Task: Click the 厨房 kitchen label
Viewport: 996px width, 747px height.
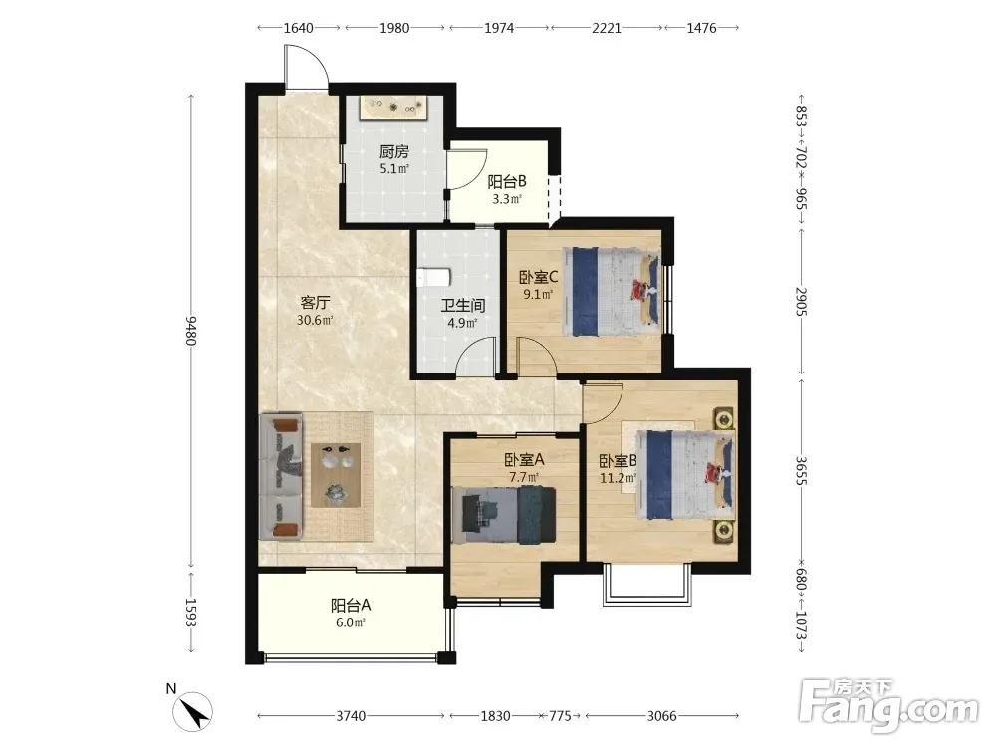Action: pyautogui.click(x=393, y=151)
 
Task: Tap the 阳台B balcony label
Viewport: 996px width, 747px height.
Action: pyautogui.click(x=507, y=182)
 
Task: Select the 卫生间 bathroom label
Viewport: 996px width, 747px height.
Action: pyautogui.click(x=463, y=306)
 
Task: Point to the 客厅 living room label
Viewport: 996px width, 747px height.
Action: pyautogui.click(x=315, y=303)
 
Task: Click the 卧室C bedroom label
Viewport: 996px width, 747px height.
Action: pyautogui.click(x=538, y=278)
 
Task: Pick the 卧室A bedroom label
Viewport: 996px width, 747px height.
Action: pyautogui.click(x=524, y=459)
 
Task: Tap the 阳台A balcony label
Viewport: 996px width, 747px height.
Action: pyautogui.click(x=351, y=606)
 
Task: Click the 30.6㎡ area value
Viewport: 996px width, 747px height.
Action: pyautogui.click(x=315, y=320)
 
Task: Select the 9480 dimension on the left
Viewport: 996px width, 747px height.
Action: pyautogui.click(x=191, y=331)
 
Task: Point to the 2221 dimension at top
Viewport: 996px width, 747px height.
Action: pyautogui.click(x=607, y=27)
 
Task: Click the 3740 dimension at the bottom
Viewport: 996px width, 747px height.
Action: pyautogui.click(x=351, y=716)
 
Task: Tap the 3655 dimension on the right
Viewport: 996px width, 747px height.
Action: pyautogui.click(x=801, y=471)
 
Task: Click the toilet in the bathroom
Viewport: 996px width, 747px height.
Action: pyautogui.click(x=434, y=278)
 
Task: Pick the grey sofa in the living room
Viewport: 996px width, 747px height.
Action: pyautogui.click(x=281, y=477)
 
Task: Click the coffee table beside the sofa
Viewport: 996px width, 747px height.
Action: pyautogui.click(x=336, y=475)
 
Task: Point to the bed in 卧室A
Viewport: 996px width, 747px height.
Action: pyautogui.click(x=504, y=515)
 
